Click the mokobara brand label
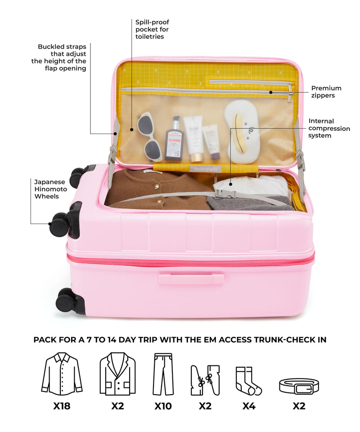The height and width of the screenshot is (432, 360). point(206,169)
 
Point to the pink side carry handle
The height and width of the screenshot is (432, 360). point(191,278)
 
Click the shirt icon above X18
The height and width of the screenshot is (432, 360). point(62,374)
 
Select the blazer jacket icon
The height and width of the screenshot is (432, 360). point(117,374)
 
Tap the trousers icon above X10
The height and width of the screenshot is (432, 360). point(163,374)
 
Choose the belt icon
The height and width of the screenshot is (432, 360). point(299,386)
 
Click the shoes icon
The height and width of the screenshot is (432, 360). point(205,381)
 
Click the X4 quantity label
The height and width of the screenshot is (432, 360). point(249,406)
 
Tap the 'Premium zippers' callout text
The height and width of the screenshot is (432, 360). point(326,92)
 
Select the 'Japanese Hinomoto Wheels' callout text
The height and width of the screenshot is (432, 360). point(51,189)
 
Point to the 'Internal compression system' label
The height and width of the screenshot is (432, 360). point(329,128)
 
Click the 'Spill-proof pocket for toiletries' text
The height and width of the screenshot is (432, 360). point(152,29)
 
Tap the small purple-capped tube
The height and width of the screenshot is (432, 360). point(211,142)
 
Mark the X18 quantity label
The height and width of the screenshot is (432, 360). point(62,406)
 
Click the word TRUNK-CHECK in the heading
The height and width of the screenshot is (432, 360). point(280,340)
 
